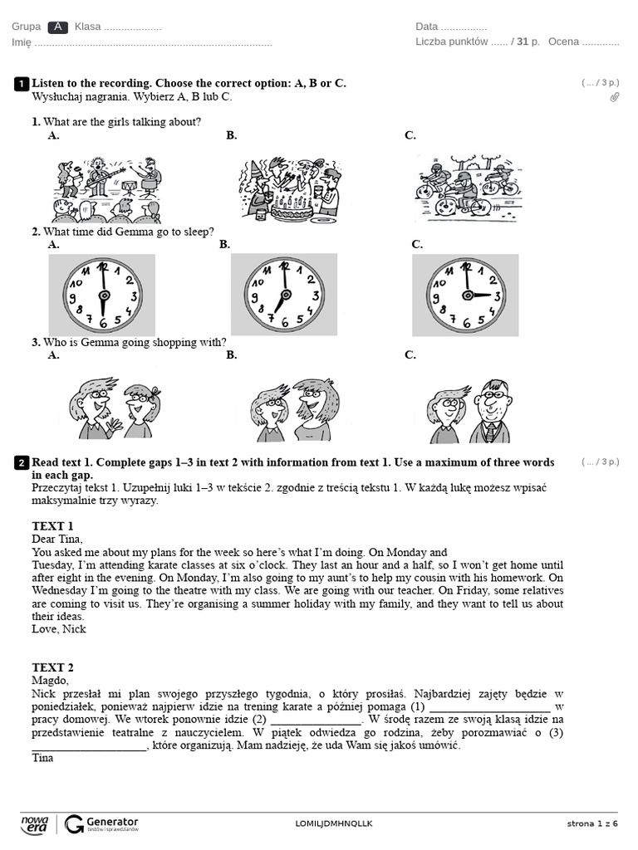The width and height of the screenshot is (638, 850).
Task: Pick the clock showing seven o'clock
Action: tap(283, 295)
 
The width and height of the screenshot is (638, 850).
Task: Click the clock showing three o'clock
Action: tap(465, 295)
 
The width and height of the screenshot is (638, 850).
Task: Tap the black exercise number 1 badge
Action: tap(22, 84)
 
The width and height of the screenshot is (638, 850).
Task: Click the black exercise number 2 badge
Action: tap(22, 462)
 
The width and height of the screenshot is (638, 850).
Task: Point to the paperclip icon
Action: tap(614, 97)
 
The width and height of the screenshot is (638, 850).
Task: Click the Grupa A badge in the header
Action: tap(57, 27)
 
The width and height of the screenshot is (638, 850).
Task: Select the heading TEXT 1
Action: tap(52, 526)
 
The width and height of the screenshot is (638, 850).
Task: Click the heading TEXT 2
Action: tap(52, 667)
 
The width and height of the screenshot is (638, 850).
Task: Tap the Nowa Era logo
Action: tap(35, 823)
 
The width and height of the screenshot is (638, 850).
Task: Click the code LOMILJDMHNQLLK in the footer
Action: tap(334, 823)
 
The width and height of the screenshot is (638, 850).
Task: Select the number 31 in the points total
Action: tap(522, 42)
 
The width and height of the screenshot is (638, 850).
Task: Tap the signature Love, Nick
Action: tap(59, 629)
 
